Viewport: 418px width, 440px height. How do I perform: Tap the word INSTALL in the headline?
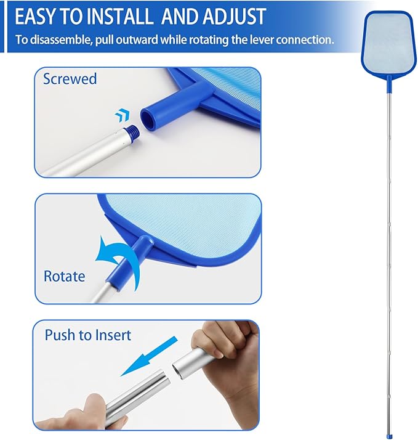(x=120, y=17)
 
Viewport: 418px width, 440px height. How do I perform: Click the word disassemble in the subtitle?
(x=61, y=39)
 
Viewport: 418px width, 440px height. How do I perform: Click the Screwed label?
(x=70, y=79)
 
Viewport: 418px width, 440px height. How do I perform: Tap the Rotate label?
(x=64, y=276)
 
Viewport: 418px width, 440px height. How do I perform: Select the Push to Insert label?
(x=88, y=335)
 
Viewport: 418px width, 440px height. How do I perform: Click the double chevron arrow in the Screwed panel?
(x=123, y=115)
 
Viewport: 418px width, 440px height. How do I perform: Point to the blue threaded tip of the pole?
(x=132, y=132)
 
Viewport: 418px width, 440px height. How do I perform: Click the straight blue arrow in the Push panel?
(x=149, y=356)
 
